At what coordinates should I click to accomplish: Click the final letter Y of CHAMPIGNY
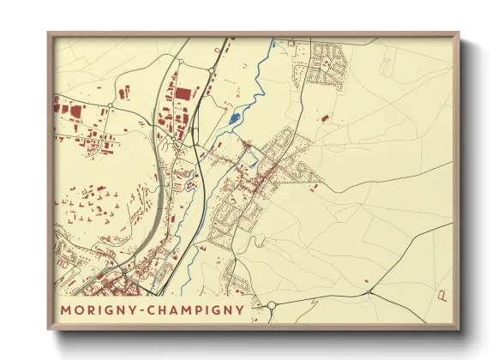[239, 309]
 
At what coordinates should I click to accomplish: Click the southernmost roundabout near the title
[271, 305]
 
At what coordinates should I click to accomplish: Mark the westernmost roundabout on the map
[110, 105]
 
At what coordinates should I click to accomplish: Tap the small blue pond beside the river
[235, 117]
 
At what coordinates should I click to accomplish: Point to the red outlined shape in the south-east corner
[442, 296]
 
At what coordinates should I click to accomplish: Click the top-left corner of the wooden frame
[49, 33]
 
